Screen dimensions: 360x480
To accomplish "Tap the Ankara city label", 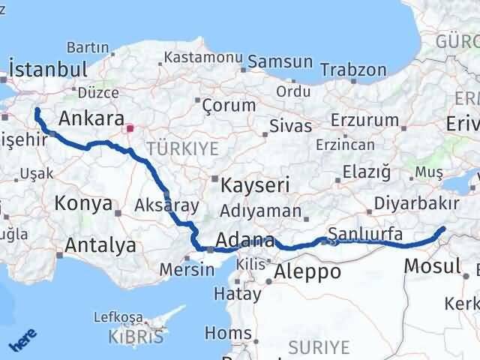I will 91,118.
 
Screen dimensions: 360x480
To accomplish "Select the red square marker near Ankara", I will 130,128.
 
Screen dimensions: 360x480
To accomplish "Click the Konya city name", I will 84,202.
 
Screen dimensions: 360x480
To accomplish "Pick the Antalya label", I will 100,244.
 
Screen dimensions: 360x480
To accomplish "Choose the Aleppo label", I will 307,271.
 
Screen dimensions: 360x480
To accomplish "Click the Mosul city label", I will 432,265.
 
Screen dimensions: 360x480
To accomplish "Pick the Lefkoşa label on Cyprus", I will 118,317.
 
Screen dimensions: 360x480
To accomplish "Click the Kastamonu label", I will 203,57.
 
